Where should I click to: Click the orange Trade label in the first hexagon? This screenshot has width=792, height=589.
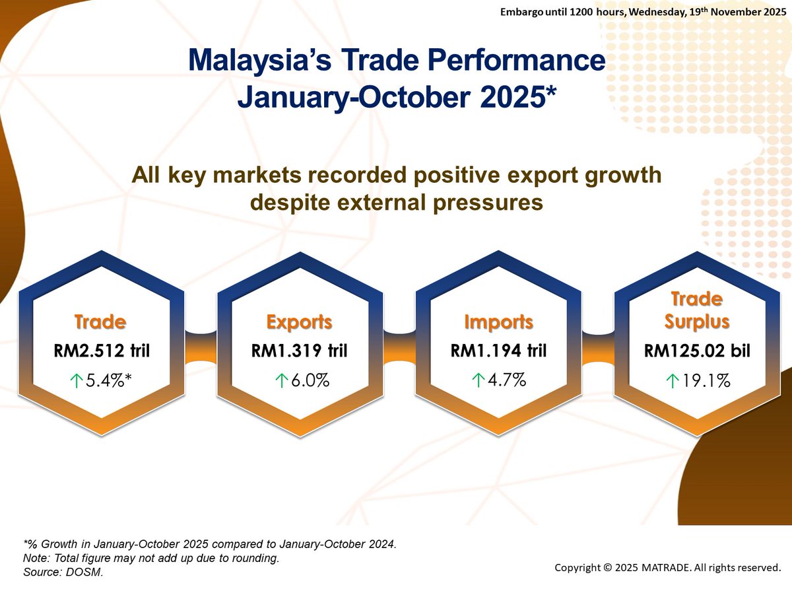100,322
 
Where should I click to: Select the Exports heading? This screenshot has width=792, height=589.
299,322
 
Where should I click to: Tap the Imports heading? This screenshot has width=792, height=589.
498,322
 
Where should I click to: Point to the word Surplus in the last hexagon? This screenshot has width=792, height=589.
697,322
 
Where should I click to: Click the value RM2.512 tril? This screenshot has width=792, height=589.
102,351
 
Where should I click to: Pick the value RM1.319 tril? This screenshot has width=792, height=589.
300,351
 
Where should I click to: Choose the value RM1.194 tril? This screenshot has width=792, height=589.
498,351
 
